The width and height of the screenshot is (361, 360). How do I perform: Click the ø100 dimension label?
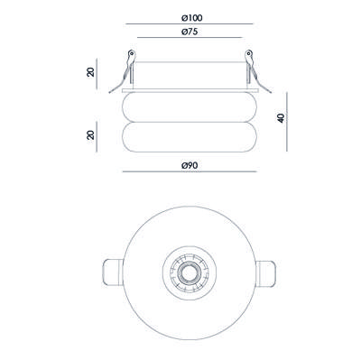tap(192, 18)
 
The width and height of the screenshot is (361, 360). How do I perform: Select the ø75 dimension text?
tap(190, 32)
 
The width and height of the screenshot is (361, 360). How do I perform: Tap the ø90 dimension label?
tap(190, 165)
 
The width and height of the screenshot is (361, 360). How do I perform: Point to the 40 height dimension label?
tap(281, 118)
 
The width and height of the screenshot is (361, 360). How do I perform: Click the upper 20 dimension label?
tap(90, 72)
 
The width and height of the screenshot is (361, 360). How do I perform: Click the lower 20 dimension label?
tap(90, 135)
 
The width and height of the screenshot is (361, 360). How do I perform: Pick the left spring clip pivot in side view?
tap(132, 54)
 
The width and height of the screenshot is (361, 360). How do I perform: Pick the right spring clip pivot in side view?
tap(248, 54)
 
